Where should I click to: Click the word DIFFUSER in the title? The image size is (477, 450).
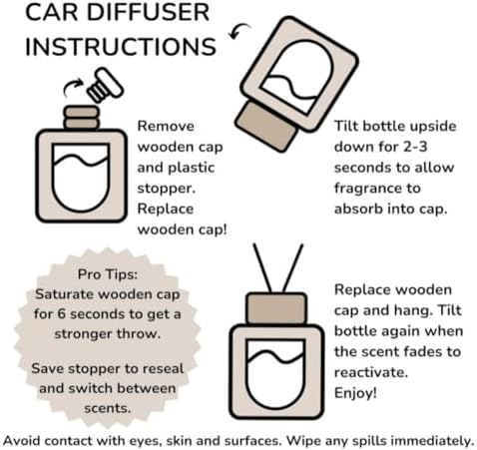coord(148,13)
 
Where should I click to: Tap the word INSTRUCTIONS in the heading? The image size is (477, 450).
coord(121,46)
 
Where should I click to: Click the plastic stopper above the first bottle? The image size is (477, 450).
coord(105,85)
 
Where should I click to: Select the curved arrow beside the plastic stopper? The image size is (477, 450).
coord(72,87)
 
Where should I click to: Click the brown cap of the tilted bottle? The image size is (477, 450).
coord(266,127)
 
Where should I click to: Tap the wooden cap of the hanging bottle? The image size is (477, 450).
coord(276,308)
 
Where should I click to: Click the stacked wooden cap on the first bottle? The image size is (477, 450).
coord(82,118)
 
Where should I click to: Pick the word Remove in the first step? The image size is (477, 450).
coord(166,127)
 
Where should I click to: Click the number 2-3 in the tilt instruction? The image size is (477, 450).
coord(415,147)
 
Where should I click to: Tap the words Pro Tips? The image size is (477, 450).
coord(108,274)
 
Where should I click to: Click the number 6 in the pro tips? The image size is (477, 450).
coord(61,314)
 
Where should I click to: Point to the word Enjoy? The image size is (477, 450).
coord(355,393)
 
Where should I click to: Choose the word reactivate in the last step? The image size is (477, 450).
coord(371,372)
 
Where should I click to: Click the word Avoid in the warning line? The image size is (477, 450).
coord(22,441)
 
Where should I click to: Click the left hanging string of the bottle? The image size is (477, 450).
coord(262,268)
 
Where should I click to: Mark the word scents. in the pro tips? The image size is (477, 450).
coord(108,408)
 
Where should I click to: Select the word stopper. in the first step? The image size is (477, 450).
coord(167,189)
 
